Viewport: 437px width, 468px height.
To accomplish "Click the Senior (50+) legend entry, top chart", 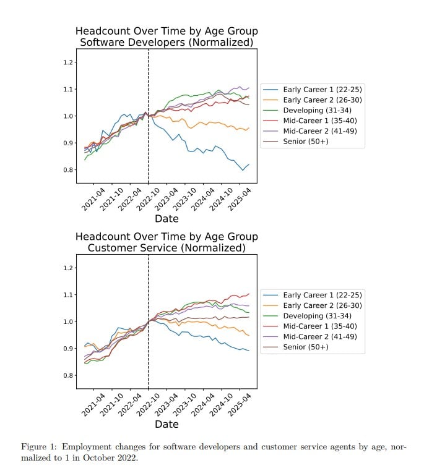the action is coord(306,142).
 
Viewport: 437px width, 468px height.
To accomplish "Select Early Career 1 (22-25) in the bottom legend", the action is coord(322,295).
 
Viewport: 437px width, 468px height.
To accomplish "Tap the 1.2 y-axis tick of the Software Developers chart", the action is coord(68,62).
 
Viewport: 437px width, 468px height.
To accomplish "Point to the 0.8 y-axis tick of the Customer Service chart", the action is coord(68,375).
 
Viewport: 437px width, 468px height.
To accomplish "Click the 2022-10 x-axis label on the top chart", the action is coord(148,199).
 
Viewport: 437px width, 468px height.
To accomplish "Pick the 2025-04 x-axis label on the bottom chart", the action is coord(239,405).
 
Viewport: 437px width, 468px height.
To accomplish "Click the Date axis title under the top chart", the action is coord(167,219).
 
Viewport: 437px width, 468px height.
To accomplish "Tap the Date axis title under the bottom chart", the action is coord(167,425).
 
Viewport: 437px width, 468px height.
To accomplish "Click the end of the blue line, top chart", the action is coord(249,164).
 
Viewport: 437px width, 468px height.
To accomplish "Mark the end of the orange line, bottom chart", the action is coord(249,336).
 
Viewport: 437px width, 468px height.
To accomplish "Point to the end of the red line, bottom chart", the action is coord(249,294).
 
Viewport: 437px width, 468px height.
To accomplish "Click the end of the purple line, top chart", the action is coord(249,88).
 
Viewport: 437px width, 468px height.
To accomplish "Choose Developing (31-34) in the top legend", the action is coord(317,111).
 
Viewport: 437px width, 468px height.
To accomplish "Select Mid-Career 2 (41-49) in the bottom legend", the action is coord(320,337).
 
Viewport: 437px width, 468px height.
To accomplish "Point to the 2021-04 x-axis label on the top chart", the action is coord(93,199).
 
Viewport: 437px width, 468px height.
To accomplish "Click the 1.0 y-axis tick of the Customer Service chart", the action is coord(68,321).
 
